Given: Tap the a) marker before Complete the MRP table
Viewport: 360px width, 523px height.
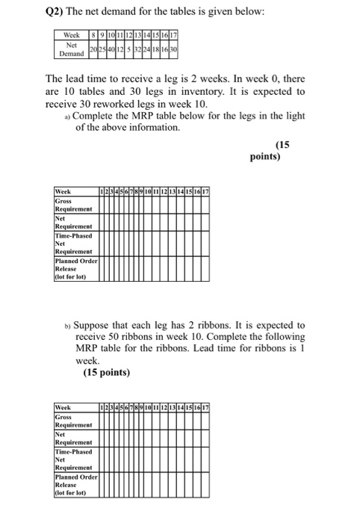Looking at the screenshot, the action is (x=68, y=117).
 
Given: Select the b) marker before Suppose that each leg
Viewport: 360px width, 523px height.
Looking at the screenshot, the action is (x=68, y=326).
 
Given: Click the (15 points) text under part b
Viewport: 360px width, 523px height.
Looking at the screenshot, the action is (x=106, y=372).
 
